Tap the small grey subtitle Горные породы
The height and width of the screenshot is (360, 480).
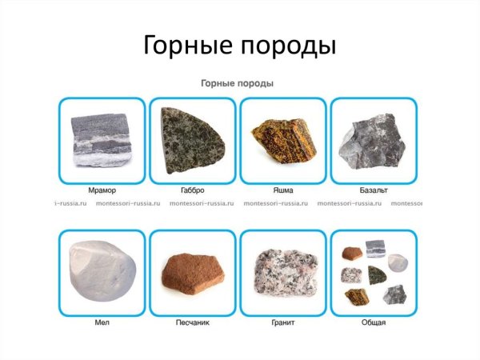point(238,83)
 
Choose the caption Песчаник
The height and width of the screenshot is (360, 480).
point(191,323)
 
